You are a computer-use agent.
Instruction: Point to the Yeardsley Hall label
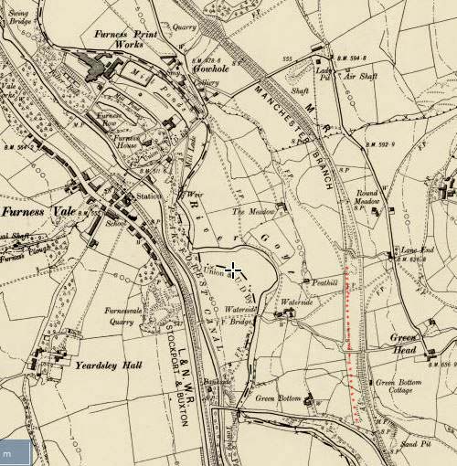point(111,365)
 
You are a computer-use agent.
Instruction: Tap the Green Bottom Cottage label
point(396,386)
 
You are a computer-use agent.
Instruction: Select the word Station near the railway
point(147,196)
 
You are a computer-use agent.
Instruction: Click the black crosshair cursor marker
point(235,270)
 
